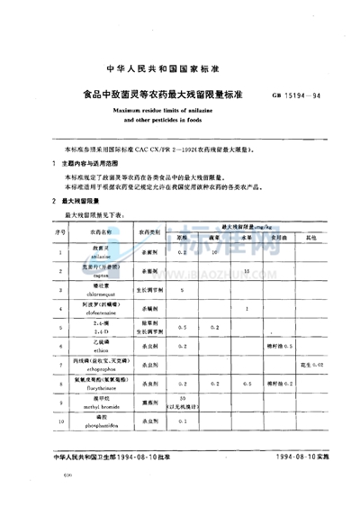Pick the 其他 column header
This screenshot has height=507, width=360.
pos(311,237)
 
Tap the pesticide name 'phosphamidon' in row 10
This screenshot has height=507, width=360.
pos(103,423)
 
